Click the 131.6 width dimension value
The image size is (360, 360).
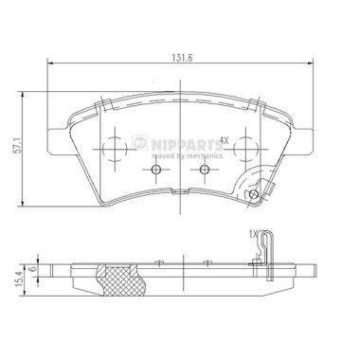pos(181,55)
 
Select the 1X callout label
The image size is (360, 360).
pos(251,233)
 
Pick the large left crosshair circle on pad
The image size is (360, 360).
pos(114,148)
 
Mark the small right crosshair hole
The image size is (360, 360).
pos(204,170)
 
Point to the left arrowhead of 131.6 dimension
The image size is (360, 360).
pos(48,64)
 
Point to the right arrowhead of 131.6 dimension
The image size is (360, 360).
pos(315,64)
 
